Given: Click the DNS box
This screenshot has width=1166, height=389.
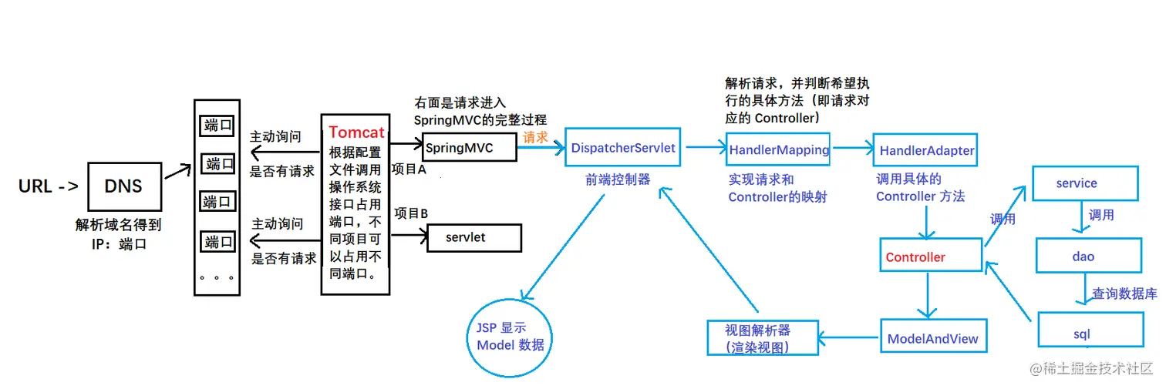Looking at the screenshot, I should pyautogui.click(x=124, y=186).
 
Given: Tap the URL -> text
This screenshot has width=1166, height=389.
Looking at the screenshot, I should pyautogui.click(x=48, y=186).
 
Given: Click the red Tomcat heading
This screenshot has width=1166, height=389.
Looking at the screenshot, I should pyautogui.click(x=356, y=132).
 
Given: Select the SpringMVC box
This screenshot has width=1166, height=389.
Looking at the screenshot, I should pyautogui.click(x=469, y=147).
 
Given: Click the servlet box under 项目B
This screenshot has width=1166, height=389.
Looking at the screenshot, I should pyautogui.click(x=473, y=237).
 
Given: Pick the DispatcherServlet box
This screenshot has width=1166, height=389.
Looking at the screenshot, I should pyautogui.click(x=624, y=148).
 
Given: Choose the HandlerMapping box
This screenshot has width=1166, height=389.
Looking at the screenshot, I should pyautogui.click(x=779, y=150).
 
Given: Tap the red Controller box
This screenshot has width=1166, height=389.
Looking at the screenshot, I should pyautogui.click(x=931, y=257).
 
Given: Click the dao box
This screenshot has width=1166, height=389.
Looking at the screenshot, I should pyautogui.click(x=1088, y=257).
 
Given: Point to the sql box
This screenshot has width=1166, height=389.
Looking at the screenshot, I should pyautogui.click(x=1090, y=334).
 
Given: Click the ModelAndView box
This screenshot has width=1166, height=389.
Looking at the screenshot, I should pyautogui.click(x=932, y=338).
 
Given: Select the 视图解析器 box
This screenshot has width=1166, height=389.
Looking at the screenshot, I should pyautogui.click(x=762, y=338).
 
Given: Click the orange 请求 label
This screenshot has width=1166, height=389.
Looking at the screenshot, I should pyautogui.click(x=536, y=137).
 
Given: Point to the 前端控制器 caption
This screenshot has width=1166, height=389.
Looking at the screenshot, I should pyautogui.click(x=618, y=180).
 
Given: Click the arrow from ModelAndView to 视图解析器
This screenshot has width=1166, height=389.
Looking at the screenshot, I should pyautogui.click(x=848, y=338).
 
